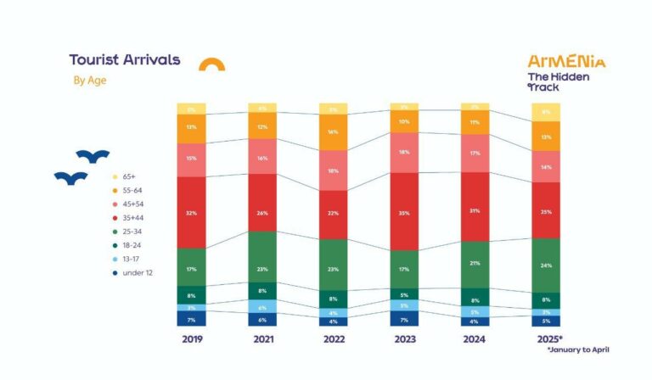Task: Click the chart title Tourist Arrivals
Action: click(124, 60)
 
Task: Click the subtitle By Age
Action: click(89, 81)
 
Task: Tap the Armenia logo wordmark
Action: click(566, 61)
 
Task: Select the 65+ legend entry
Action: click(127, 176)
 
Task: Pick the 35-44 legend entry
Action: click(132, 218)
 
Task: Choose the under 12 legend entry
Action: click(134, 272)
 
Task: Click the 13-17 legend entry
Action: click(131, 259)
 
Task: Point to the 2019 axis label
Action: click(191, 340)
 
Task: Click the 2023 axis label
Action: click(404, 340)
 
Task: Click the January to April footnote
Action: click(578, 349)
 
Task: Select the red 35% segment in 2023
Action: click(404, 211)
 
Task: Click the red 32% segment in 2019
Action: click(191, 212)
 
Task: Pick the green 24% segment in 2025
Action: click(546, 265)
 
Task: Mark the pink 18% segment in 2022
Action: click(333, 170)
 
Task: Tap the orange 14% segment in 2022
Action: click(333, 132)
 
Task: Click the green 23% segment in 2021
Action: click(262, 256)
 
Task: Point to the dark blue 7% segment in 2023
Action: click(404, 319)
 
